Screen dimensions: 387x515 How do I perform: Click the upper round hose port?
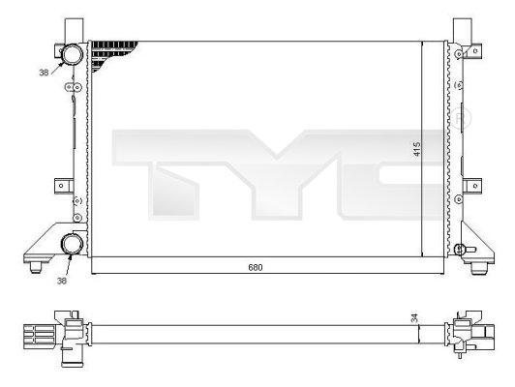[x=72, y=55]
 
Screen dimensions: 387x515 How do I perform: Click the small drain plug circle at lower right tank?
[x=462, y=250]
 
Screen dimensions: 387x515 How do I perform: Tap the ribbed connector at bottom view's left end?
[x=34, y=336]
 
